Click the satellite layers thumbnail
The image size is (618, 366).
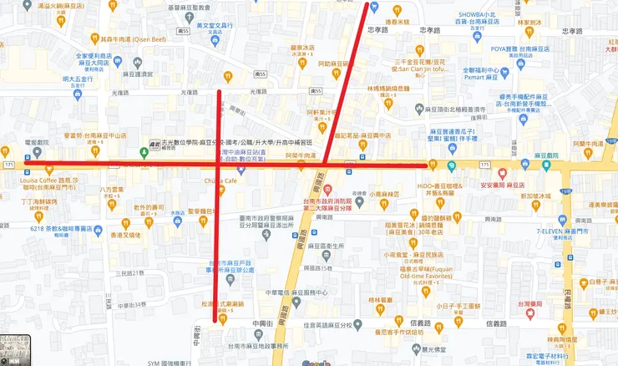[x=15, y=349]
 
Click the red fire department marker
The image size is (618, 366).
[x=328, y=189]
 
